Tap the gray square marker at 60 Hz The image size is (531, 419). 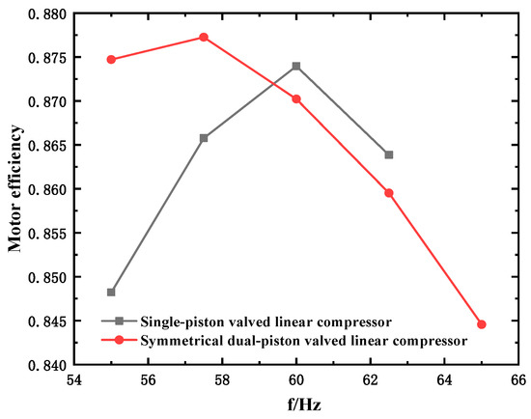click(296, 66)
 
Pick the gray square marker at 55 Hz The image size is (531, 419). click(111, 292)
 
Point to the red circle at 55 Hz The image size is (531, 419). click(111, 59)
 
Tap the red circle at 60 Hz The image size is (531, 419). click(296, 98)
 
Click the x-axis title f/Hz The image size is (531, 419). click(296, 406)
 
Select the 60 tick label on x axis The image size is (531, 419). click(296, 382)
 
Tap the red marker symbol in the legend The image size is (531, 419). click(120, 340)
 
